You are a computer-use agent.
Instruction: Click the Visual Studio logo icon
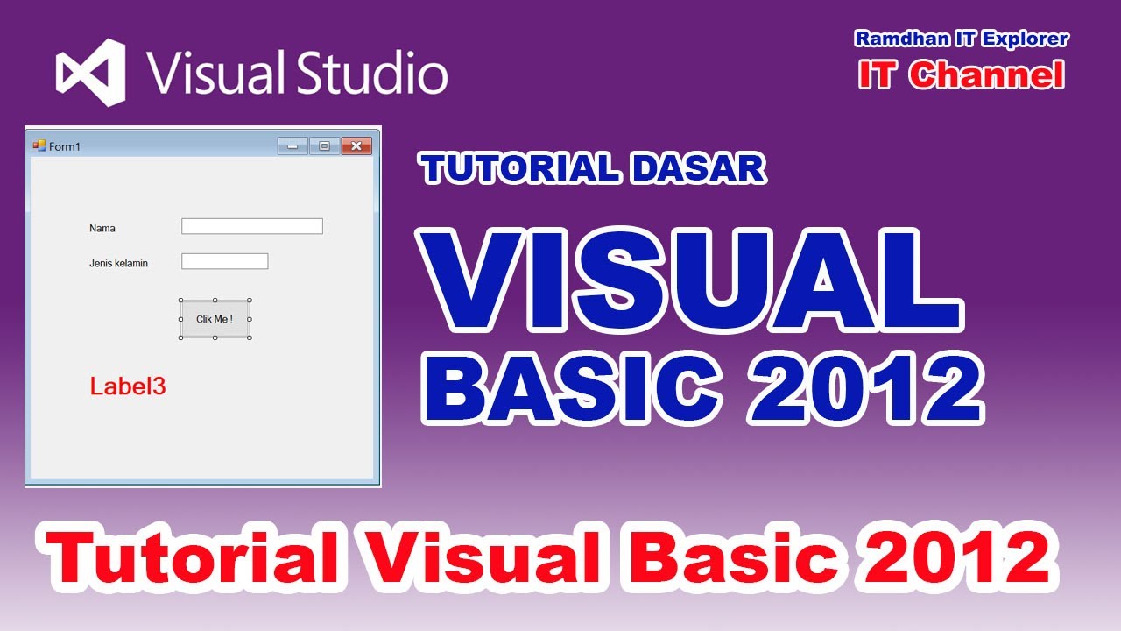point(90,73)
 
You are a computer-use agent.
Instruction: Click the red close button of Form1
point(356,146)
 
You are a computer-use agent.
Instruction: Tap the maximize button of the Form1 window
point(324,146)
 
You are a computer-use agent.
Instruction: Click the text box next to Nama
point(252,226)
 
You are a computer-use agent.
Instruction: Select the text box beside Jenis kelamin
point(224,261)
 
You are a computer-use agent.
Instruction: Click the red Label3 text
point(128,386)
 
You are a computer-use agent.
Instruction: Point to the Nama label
point(102,229)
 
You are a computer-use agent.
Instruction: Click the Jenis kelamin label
point(118,263)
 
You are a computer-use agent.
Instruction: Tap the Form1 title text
point(65,146)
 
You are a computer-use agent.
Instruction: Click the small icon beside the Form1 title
point(39,145)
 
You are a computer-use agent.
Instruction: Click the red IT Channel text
point(961,75)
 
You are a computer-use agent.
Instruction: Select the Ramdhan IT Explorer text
point(961,39)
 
